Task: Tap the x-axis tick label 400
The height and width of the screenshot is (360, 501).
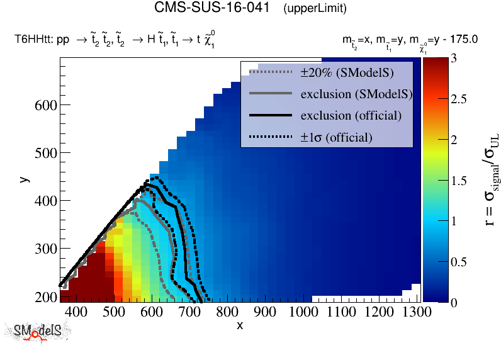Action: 76,312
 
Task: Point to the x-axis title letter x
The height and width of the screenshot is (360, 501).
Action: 240,325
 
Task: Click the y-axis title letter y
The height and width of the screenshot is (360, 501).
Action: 24,179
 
